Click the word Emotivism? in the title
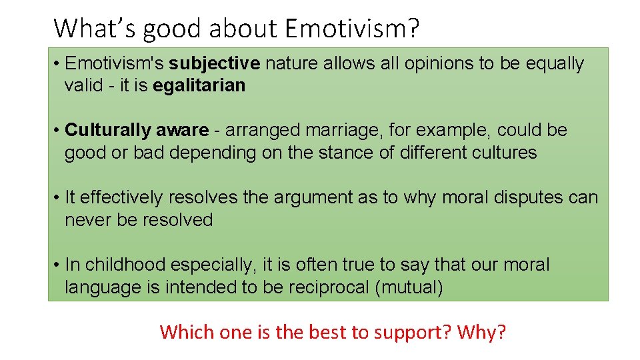352,28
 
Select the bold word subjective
214,64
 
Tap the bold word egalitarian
199,85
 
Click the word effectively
121,198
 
